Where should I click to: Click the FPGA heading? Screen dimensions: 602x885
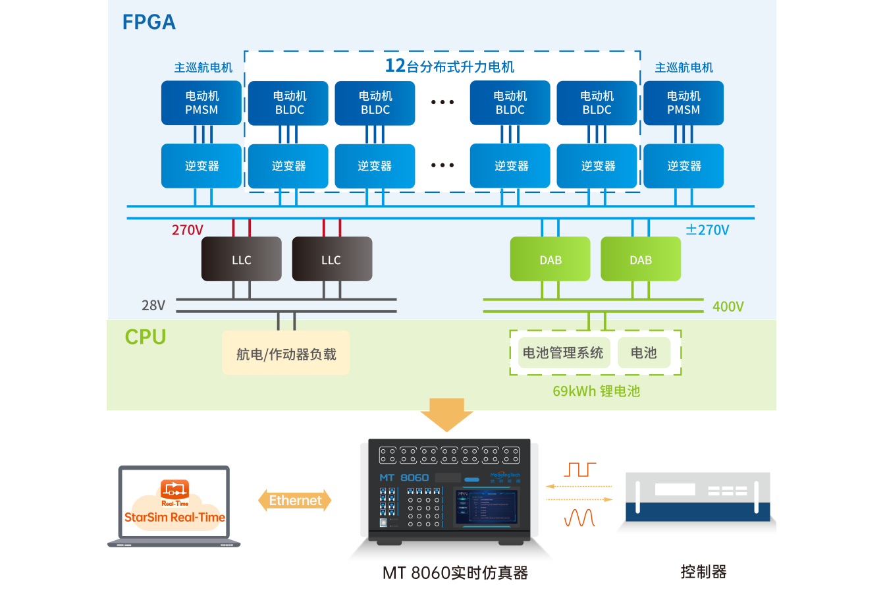[149, 22]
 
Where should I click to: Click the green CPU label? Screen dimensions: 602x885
[146, 337]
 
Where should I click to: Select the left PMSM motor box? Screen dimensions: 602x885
[201, 103]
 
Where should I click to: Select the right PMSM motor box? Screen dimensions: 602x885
[684, 103]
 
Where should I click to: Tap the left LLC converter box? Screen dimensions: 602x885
[241, 260]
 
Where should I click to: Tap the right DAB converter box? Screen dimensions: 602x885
[641, 260]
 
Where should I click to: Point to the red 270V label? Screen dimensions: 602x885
[188, 230]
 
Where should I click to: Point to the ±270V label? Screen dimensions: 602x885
[707, 230]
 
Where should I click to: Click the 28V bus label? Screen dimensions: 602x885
[153, 306]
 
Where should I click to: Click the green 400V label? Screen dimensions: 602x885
[728, 306]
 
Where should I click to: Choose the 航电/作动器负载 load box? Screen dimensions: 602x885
[286, 354]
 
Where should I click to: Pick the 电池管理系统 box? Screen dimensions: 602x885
[562, 353]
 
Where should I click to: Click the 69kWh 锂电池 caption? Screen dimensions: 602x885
[596, 391]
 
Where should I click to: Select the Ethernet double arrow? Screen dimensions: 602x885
[295, 501]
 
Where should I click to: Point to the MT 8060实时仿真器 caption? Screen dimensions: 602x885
[455, 573]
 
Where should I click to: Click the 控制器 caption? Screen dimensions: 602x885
[703, 572]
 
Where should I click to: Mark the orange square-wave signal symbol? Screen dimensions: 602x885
[579, 470]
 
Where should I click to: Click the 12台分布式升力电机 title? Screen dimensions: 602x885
[450, 66]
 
